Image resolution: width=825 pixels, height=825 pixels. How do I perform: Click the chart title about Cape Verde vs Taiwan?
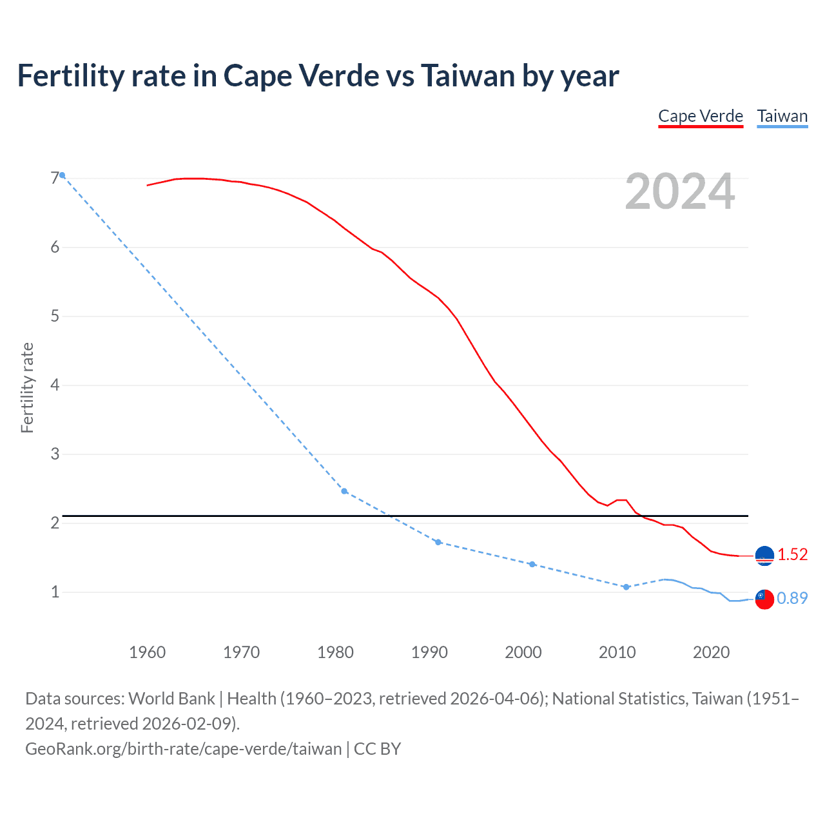pos(318,76)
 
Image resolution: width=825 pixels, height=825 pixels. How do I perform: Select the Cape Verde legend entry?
pos(701,116)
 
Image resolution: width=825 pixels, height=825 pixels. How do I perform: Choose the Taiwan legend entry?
pos(782,116)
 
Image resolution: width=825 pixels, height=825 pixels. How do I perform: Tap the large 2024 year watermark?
pos(680,191)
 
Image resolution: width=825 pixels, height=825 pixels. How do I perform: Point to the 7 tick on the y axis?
pos(55,179)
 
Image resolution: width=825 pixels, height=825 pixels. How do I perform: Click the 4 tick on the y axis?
pos(55,385)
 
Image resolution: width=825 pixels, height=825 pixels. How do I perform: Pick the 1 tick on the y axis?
pos(55,592)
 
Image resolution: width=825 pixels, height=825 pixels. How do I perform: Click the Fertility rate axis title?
pos(27,387)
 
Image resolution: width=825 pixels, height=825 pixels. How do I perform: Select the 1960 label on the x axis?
pos(147,652)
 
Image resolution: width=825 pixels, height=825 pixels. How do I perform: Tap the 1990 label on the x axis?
pos(429,652)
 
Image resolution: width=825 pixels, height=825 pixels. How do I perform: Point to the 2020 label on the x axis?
pos(711,652)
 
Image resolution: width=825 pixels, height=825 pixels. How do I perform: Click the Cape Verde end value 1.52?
pos(792,555)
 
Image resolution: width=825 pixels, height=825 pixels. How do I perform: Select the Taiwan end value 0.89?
pos(792,599)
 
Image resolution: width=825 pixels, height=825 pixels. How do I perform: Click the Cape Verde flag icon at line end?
pos(764,556)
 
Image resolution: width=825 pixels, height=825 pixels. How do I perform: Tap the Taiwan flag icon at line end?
pos(764,599)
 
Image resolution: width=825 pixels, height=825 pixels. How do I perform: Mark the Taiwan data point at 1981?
pos(344,491)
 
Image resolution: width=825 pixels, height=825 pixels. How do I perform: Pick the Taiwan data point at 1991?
pos(438,542)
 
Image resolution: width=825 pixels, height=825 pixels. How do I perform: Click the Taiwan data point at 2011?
pos(626,587)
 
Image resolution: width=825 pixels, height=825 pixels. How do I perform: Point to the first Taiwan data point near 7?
pos(62,175)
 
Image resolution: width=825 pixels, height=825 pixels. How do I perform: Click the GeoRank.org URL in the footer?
pos(184,749)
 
